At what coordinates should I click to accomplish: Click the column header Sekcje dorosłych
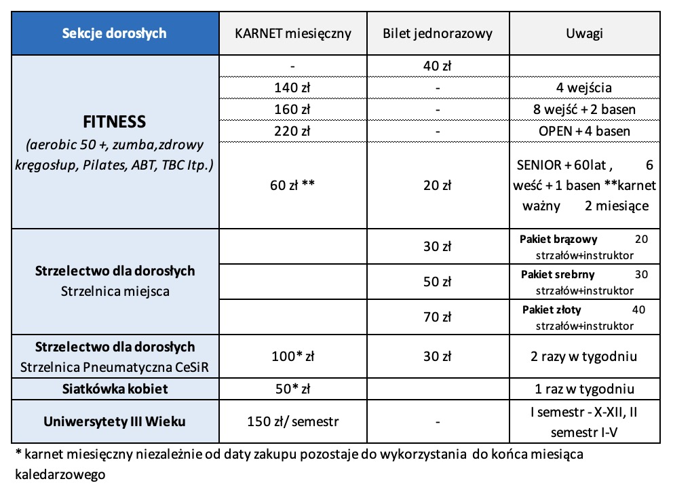click(114, 33)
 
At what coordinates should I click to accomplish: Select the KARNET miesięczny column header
click(293, 33)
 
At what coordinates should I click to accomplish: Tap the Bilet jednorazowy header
click(438, 33)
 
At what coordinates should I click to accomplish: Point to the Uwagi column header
click(584, 33)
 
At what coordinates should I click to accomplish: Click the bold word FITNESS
click(114, 123)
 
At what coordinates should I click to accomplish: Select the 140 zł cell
click(293, 87)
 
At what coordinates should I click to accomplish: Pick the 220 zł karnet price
click(293, 130)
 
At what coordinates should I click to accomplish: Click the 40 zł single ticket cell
click(438, 66)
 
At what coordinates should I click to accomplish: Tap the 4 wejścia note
click(584, 87)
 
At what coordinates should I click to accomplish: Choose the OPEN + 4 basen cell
click(584, 130)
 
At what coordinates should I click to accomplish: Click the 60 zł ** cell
click(293, 185)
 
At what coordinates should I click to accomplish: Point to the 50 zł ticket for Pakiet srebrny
click(438, 282)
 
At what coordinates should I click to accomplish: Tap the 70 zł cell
click(438, 316)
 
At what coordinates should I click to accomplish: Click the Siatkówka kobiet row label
click(114, 389)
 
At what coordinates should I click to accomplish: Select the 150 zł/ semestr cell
click(293, 421)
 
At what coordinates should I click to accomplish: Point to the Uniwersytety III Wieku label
click(114, 421)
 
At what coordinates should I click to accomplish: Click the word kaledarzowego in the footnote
click(61, 474)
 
